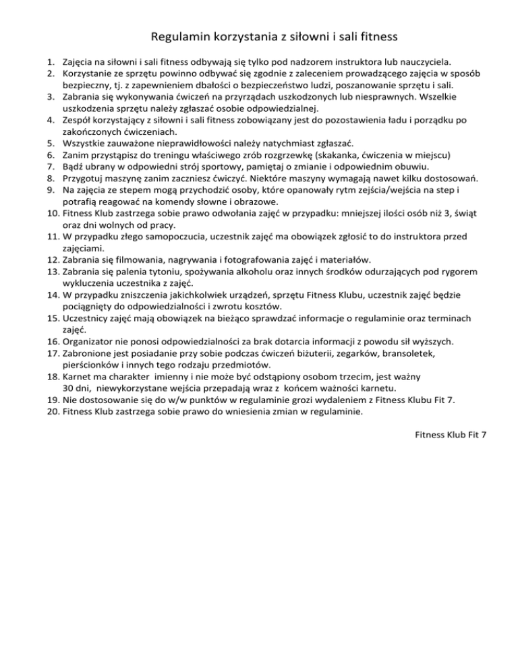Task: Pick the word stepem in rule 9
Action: tap(131, 190)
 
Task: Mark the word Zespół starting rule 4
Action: tap(78, 120)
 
